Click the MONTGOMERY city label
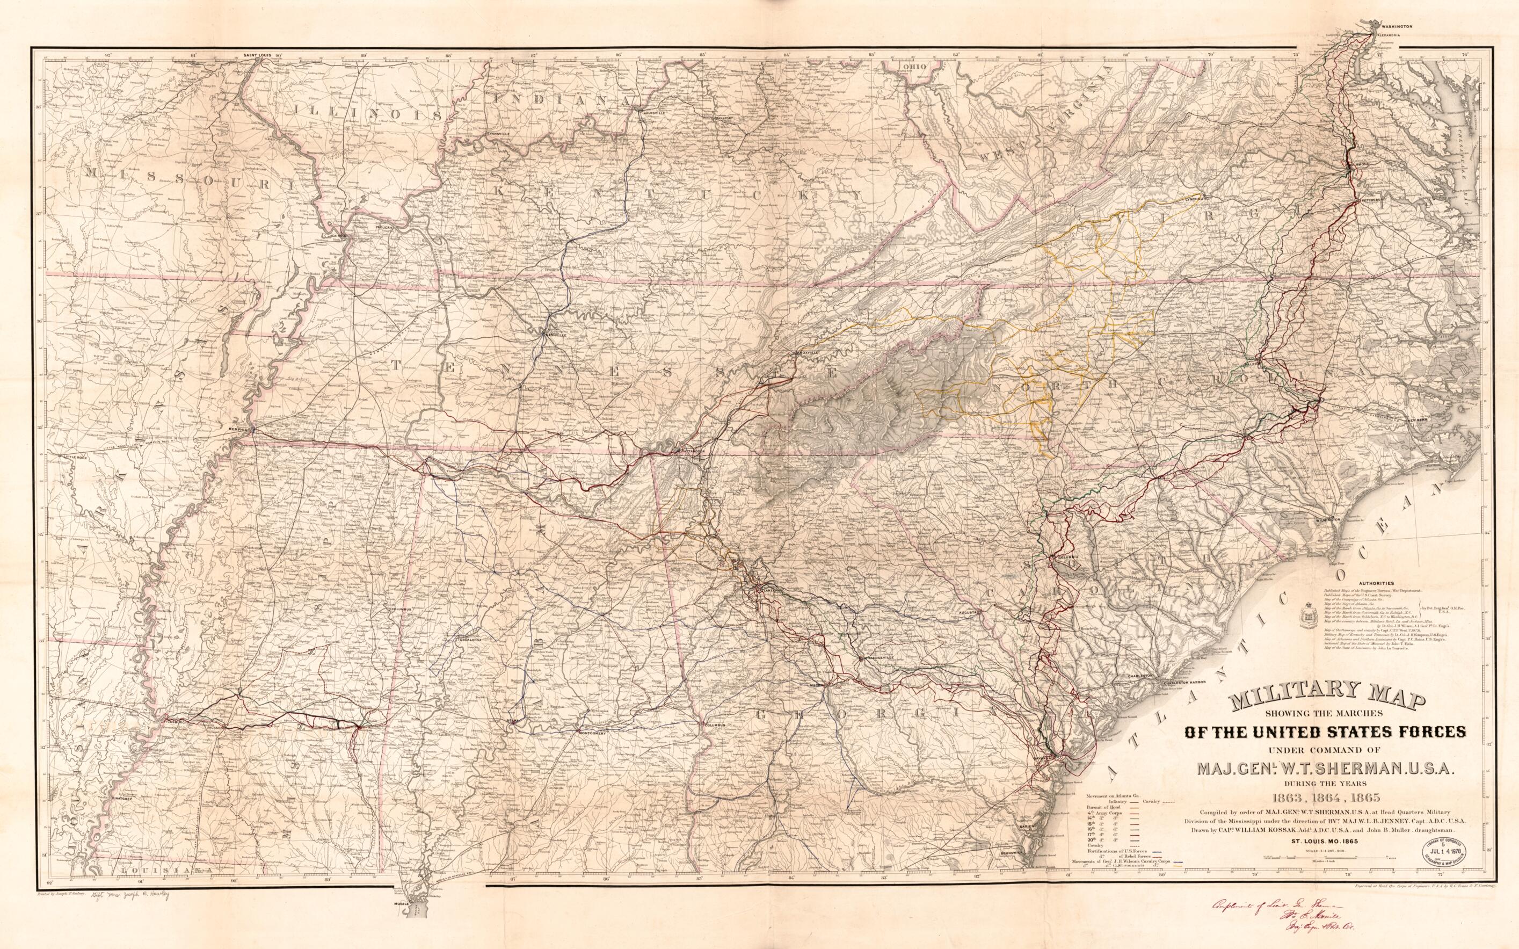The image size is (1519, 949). tap(591, 733)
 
